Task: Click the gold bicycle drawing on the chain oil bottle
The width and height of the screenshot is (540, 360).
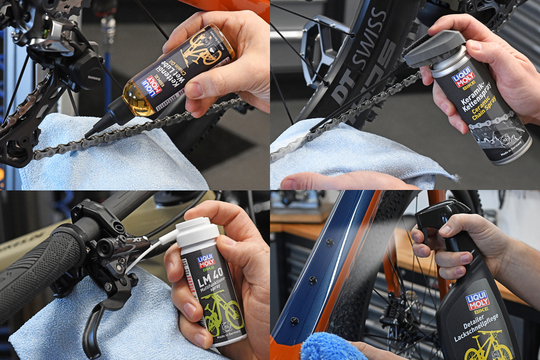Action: click(x=203, y=52)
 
